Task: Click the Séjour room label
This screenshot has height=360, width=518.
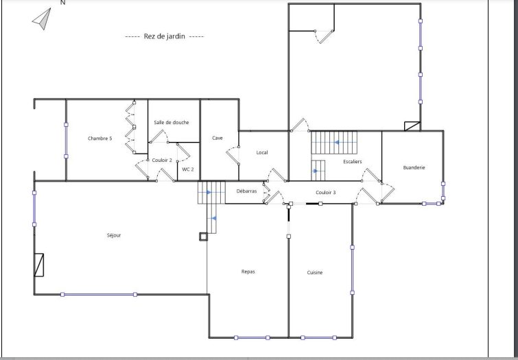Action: [114, 235]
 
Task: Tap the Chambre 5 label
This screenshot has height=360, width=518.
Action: [99, 138]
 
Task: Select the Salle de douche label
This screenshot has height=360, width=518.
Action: [172, 122]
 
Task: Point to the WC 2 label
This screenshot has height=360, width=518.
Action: [188, 169]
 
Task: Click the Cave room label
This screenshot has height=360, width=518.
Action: [217, 138]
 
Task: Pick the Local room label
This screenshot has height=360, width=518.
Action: [262, 152]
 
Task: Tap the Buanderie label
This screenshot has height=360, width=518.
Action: [414, 167]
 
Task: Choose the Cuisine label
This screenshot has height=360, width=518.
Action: [315, 272]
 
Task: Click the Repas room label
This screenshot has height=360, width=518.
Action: [248, 272]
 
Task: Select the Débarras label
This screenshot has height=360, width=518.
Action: [247, 191]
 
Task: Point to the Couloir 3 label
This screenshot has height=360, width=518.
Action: [326, 192]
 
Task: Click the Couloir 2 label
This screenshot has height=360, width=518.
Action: [162, 160]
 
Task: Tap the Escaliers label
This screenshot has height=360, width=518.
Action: [353, 162]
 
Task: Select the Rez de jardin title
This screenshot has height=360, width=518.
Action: [165, 36]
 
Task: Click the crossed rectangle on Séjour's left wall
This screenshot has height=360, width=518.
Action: [39, 265]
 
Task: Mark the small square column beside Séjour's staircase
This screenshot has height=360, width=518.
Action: [204, 237]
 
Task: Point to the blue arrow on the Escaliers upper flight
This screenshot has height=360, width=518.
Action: [337, 143]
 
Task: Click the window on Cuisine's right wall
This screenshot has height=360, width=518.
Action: [352, 270]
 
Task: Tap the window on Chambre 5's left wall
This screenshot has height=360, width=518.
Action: [66, 141]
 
